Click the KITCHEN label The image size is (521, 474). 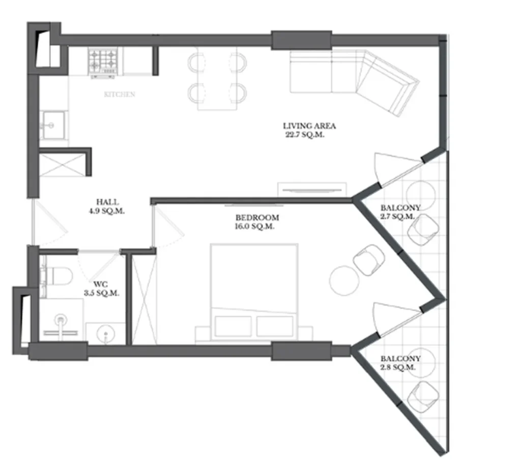tap(120, 94)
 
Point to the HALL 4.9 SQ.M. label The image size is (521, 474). tap(107, 206)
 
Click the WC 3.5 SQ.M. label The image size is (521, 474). tap(101, 289)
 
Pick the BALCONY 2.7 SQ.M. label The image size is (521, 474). tap(400, 212)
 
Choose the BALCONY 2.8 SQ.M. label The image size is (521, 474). tap(400, 362)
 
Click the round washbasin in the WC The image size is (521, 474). tap(105, 334)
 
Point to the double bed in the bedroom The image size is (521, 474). tap(254, 292)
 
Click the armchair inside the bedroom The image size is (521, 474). tap(368, 260)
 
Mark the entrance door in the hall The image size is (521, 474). tap(50, 224)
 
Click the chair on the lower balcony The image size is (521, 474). tap(422, 397)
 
